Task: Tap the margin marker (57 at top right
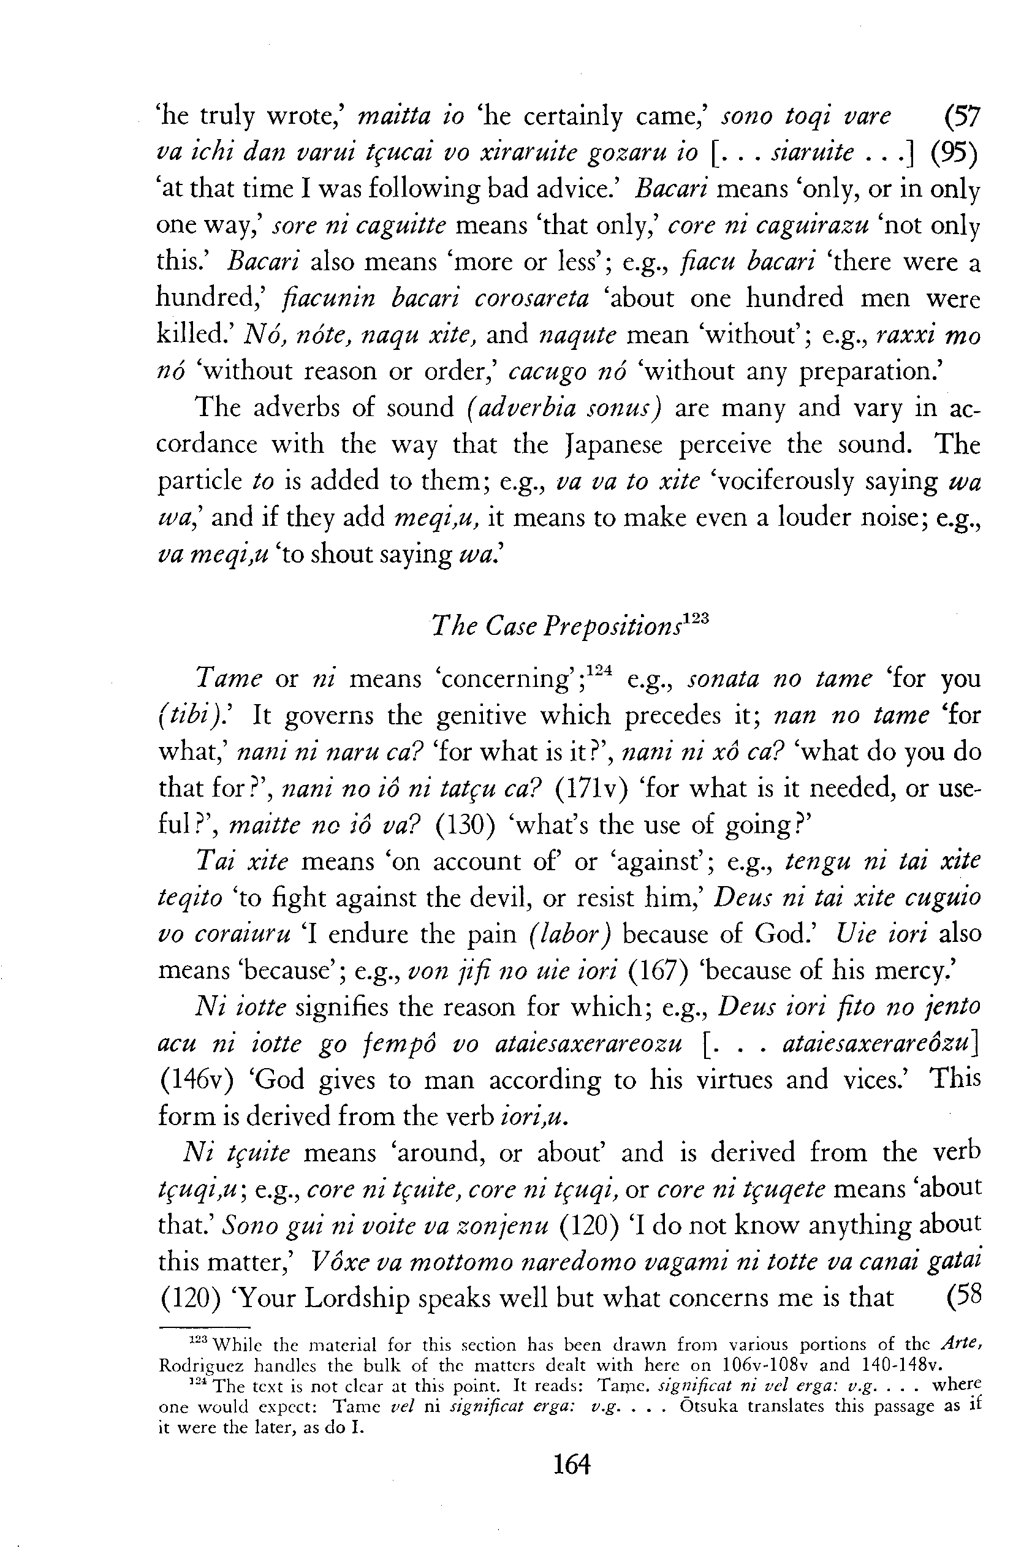962,117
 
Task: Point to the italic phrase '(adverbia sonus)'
563,409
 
